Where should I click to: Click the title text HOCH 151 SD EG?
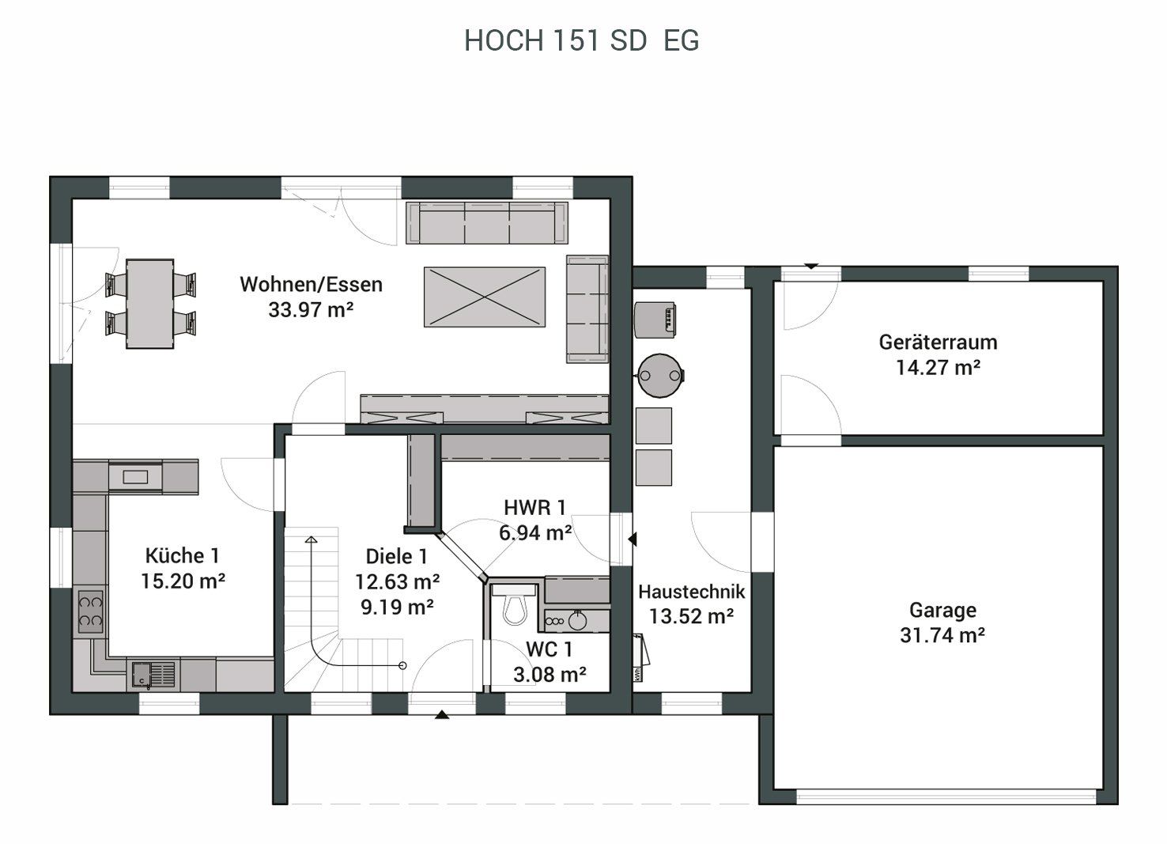coord(581,40)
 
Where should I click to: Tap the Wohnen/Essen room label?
coord(311,285)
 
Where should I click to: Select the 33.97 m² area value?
coord(311,309)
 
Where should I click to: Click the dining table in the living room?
coord(150,304)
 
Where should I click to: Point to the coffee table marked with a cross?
coord(485,297)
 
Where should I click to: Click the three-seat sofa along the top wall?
coord(487,223)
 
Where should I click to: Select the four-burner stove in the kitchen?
coord(91,611)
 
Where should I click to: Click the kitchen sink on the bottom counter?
coord(153,675)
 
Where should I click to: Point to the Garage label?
coord(943,610)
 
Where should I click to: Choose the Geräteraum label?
coord(938,343)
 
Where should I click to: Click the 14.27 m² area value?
coord(938,368)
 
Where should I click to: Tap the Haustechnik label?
coord(691,592)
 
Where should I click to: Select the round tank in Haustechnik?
coord(661,376)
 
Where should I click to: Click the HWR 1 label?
coord(535,508)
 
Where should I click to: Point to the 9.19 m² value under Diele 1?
coord(397,607)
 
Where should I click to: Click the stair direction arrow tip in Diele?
coord(311,537)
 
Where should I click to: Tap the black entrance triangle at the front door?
coord(442,714)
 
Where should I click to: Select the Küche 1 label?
coord(183,556)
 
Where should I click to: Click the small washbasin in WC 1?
coord(577,620)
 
